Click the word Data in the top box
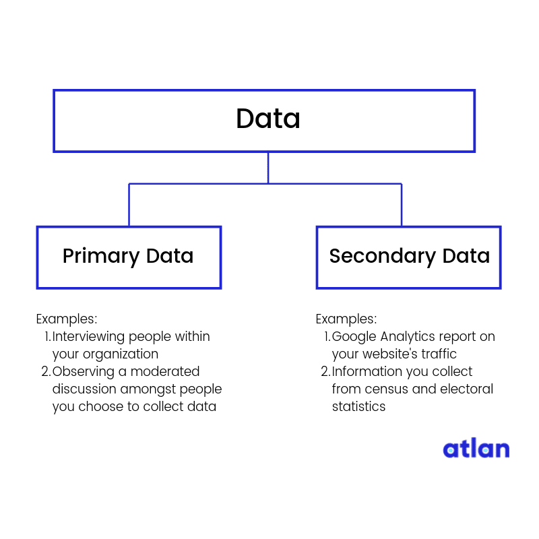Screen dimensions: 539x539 pyautogui.click(x=268, y=119)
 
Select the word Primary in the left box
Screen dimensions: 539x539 pyautogui.click(x=101, y=257)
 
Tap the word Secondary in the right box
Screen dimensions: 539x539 pyautogui.click(x=383, y=257)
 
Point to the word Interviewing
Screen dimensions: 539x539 pyautogui.click(x=88, y=336)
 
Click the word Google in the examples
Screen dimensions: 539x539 pyautogui.click(x=354, y=337)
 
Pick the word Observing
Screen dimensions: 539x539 pyautogui.click(x=83, y=372)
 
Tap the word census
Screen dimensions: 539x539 pyautogui.click(x=386, y=389)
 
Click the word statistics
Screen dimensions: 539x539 pyautogui.click(x=358, y=406)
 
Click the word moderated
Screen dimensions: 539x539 pyautogui.click(x=165, y=371)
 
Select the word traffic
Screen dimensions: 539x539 pyautogui.click(x=439, y=354)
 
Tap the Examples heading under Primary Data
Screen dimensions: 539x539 pyautogui.click(x=67, y=319)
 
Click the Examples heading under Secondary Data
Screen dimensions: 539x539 pyautogui.click(x=346, y=319)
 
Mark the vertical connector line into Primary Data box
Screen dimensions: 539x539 pyautogui.click(x=129, y=205)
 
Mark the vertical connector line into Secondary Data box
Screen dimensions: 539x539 pyautogui.click(x=402, y=205)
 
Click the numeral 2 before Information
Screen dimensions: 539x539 pyautogui.click(x=325, y=372)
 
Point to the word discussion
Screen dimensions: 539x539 pyautogui.click(x=84, y=389)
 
